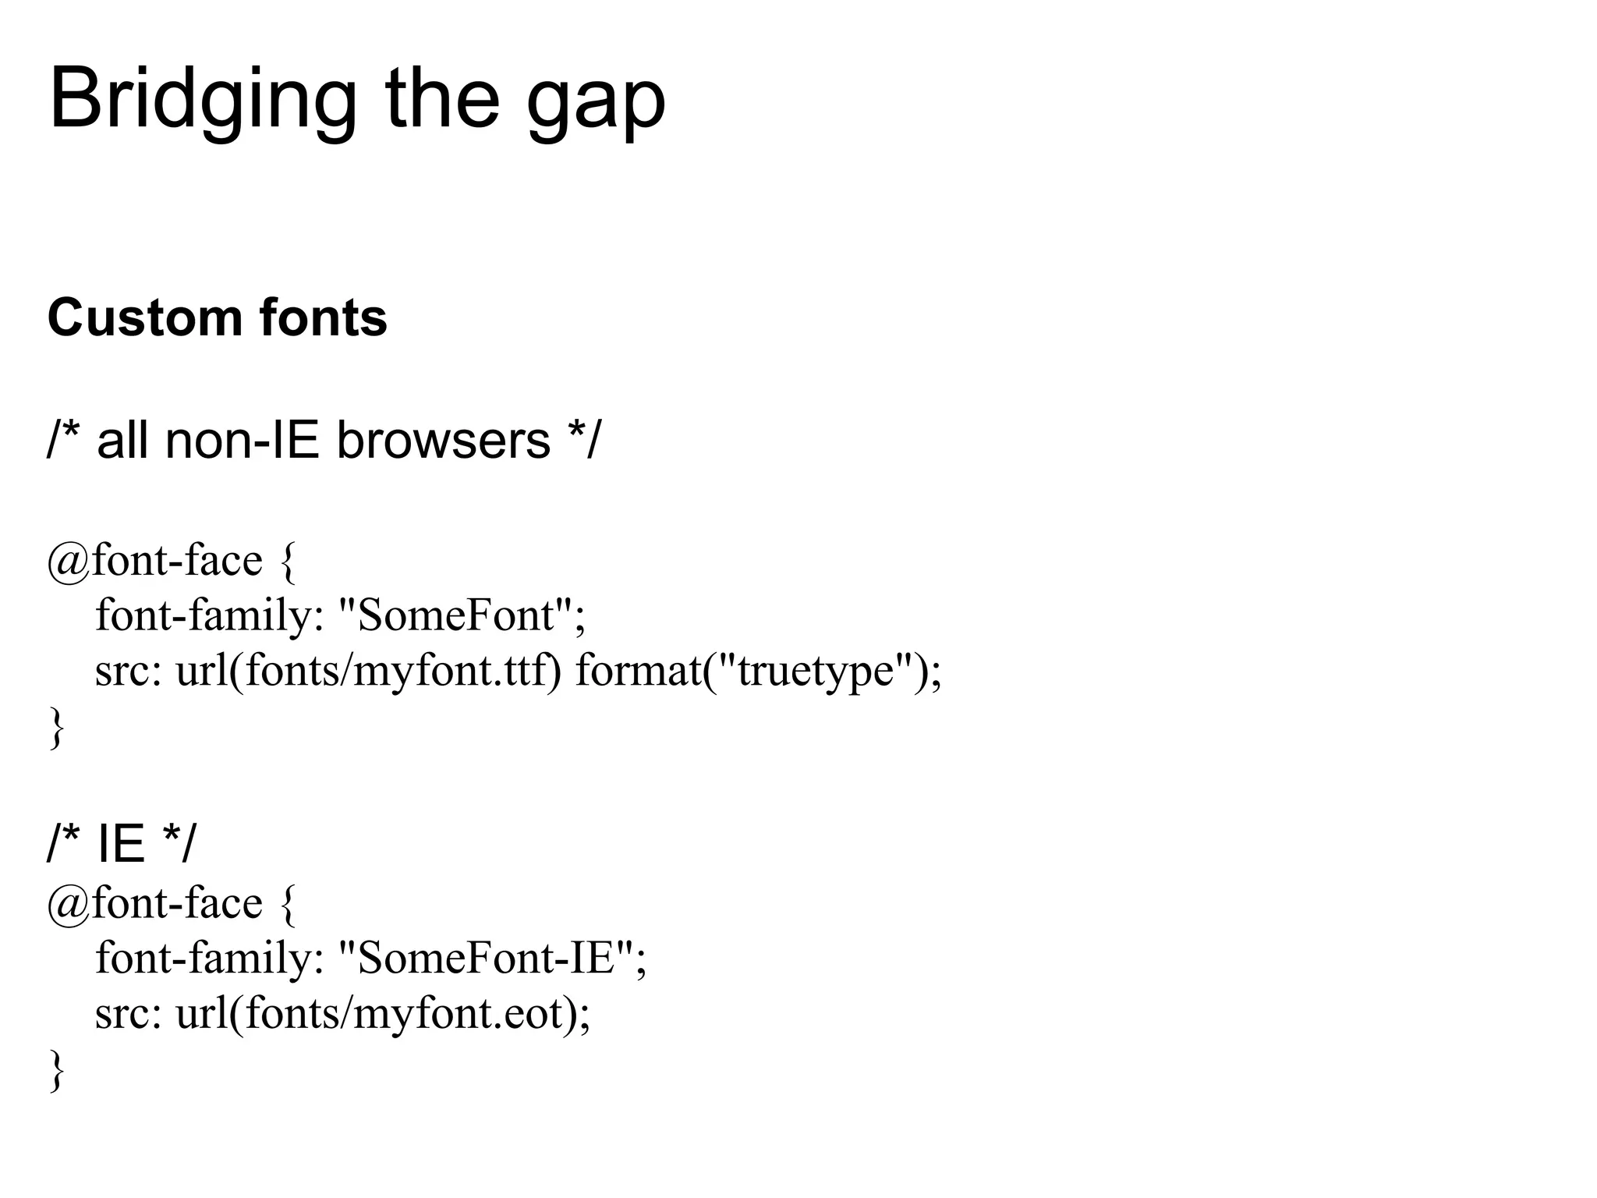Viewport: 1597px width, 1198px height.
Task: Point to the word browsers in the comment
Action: point(443,440)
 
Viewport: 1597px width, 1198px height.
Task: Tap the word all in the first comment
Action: point(122,440)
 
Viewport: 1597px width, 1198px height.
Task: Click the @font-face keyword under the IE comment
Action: point(155,902)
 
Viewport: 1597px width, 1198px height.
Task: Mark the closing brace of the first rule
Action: point(56,727)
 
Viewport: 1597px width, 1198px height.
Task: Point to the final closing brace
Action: point(56,1070)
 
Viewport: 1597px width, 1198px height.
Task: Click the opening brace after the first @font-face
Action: point(287,562)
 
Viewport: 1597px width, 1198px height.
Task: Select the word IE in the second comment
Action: point(121,843)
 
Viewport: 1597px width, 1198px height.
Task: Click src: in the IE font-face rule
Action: point(128,1013)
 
